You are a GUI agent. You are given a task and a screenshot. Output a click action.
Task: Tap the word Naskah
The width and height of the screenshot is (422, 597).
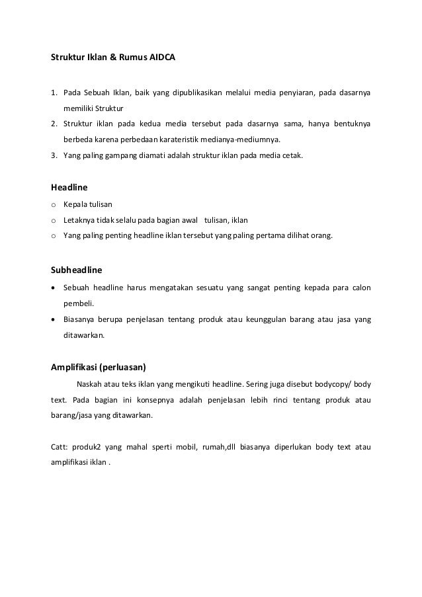(x=89, y=384)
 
